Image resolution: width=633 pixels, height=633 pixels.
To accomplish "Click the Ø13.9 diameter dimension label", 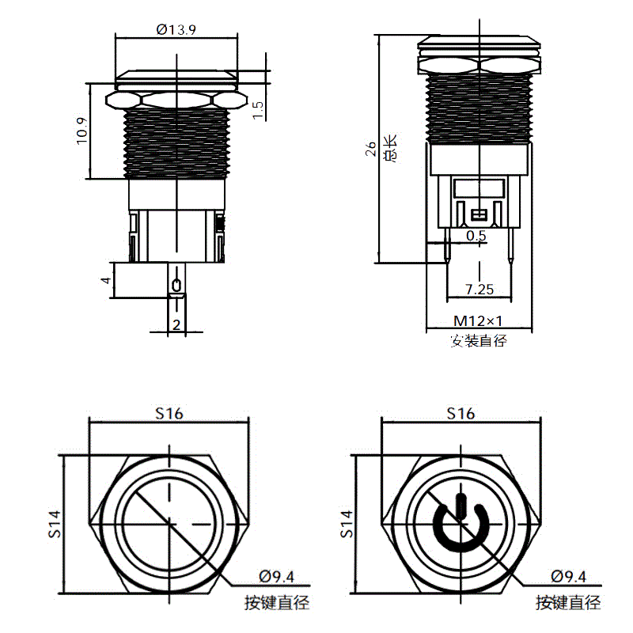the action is tap(176, 30).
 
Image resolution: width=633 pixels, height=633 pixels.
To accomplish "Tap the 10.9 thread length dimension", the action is tap(82, 131).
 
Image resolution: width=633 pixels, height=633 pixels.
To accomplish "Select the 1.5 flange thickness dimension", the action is tap(258, 110).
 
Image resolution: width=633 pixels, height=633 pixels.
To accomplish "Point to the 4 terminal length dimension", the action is tap(106, 280).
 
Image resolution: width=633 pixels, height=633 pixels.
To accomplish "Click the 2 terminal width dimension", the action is tap(176, 324).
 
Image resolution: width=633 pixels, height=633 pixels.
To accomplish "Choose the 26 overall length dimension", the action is tap(370, 149).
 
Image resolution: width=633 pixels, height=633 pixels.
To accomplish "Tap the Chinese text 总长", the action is tap(390, 148).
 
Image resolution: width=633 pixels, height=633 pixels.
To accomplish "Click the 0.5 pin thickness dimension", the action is tap(476, 235).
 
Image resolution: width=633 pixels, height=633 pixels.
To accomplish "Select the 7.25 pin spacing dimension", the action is tap(479, 290).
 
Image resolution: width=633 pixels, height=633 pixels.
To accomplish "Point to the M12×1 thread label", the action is tap(479, 321).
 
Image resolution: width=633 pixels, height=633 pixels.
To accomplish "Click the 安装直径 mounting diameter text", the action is tap(479, 341).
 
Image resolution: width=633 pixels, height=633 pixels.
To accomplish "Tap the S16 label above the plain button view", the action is tap(169, 413).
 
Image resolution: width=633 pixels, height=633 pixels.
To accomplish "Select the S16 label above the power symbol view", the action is tap(461, 413).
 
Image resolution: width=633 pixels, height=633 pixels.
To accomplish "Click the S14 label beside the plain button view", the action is tap(55, 524).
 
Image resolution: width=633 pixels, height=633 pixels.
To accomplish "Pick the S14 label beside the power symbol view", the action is tap(347, 524).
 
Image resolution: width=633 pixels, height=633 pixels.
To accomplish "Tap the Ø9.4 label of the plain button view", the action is tap(276, 577).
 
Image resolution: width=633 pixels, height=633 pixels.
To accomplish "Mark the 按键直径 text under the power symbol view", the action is tap(568, 603).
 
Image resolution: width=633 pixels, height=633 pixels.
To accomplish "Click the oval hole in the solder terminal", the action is tap(176, 285).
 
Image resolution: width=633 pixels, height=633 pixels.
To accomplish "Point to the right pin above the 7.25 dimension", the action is tap(510, 245).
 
